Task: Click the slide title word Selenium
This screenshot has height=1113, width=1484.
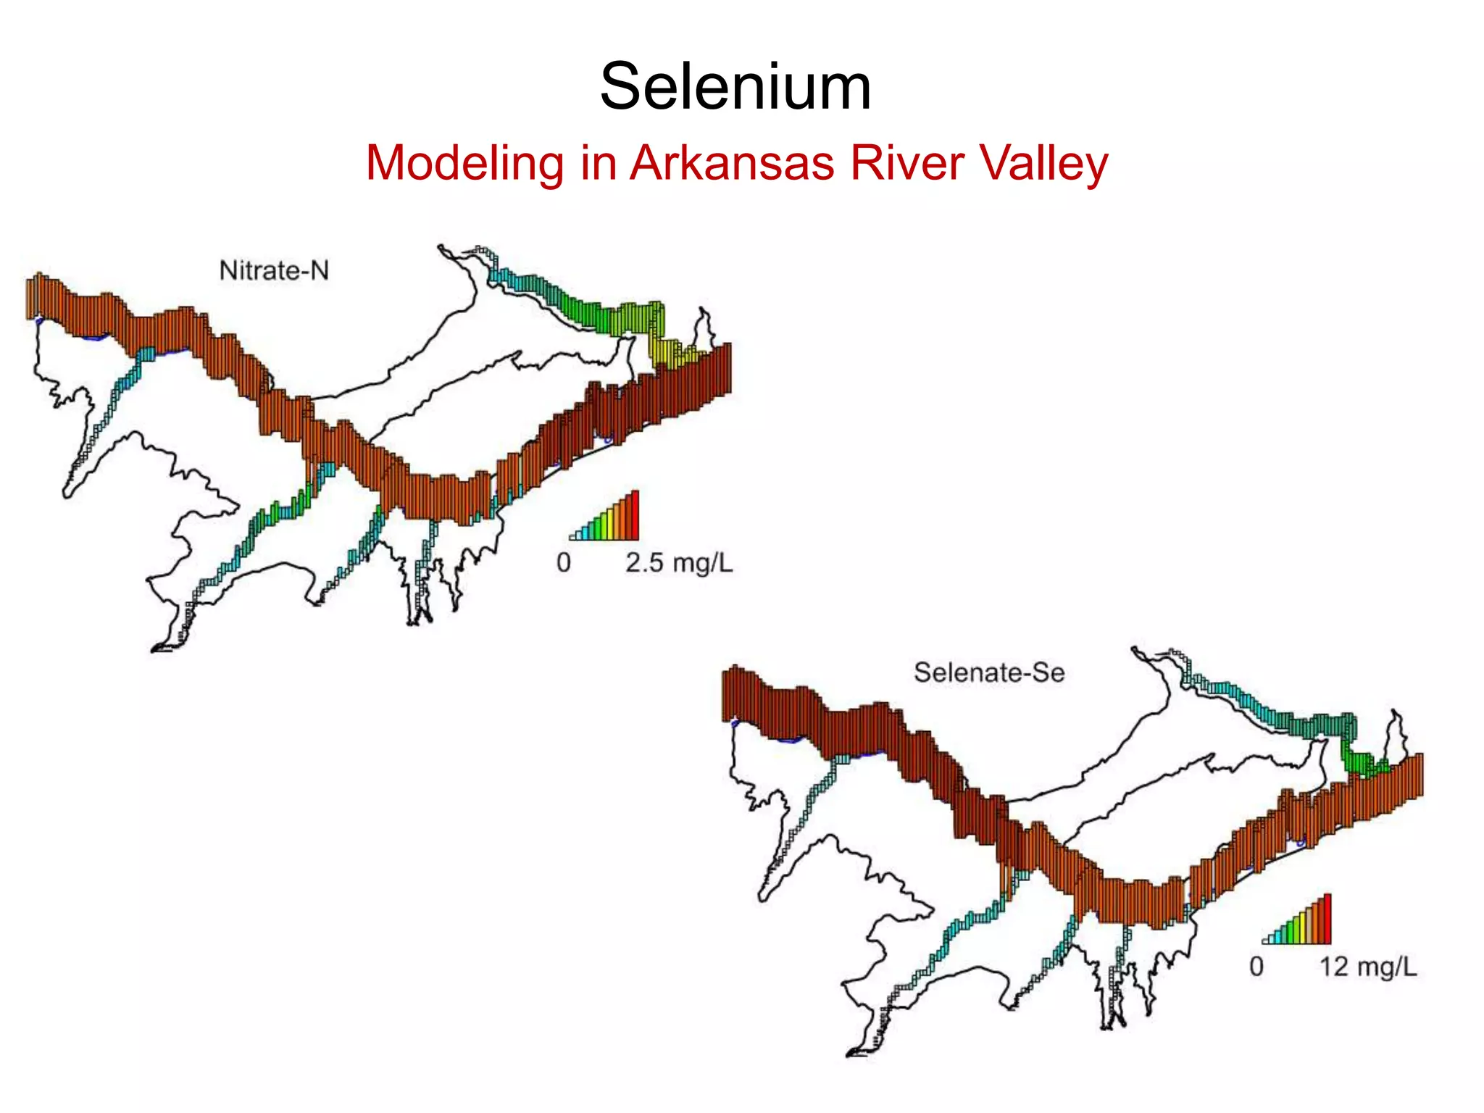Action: (735, 87)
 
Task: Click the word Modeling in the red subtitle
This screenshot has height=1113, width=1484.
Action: (464, 163)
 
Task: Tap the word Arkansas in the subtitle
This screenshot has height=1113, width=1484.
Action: (732, 163)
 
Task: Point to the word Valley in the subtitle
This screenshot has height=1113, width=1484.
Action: (1044, 163)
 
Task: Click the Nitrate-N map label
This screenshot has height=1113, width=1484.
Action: (274, 271)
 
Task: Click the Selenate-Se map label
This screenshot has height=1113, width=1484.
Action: (989, 672)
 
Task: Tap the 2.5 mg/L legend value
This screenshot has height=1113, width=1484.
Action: (679, 563)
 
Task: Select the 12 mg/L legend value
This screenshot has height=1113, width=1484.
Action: (1367, 967)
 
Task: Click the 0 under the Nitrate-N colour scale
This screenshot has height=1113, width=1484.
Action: (564, 563)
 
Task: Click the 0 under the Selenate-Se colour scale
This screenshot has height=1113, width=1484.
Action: (1256, 967)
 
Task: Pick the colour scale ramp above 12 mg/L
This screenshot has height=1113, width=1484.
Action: (1297, 921)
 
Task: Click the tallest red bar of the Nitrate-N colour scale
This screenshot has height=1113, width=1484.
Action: (635, 515)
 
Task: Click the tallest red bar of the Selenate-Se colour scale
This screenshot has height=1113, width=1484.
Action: (1327, 919)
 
